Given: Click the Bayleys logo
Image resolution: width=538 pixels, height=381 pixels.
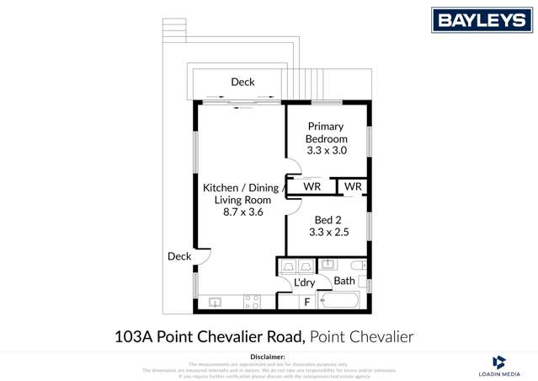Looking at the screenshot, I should [482, 19].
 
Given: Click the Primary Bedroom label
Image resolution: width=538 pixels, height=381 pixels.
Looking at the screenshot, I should [326, 132].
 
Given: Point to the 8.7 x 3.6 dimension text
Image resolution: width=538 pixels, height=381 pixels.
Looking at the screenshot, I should [242, 212].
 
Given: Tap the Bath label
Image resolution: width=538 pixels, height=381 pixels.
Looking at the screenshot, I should [344, 281].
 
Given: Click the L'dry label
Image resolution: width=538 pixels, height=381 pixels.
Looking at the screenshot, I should [305, 282].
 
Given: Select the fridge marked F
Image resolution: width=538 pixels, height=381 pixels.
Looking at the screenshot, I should [307, 302].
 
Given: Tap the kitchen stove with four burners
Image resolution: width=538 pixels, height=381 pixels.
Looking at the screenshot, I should [251, 301].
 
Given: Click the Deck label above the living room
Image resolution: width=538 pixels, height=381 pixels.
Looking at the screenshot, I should [242, 82].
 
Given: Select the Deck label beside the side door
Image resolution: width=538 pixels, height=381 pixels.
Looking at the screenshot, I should [178, 256].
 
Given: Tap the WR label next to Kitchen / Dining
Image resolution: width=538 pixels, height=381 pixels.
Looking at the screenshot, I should [311, 185].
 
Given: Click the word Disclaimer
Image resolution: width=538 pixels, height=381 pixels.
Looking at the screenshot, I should [269, 357].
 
